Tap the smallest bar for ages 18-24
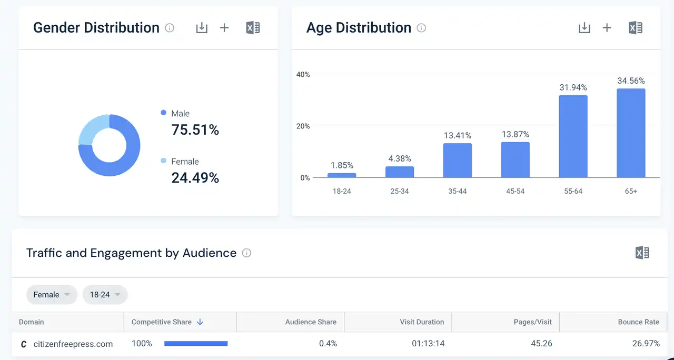(x=342, y=175)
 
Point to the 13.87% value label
(x=515, y=135)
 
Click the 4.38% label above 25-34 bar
(x=400, y=158)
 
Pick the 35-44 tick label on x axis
(x=457, y=191)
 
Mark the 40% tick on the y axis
(x=303, y=75)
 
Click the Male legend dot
(x=163, y=113)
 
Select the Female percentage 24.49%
(x=195, y=178)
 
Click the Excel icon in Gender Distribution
(x=253, y=28)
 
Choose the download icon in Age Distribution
(x=584, y=28)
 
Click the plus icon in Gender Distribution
(x=224, y=28)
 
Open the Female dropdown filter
(x=52, y=295)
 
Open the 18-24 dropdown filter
(x=105, y=295)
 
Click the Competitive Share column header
(x=162, y=322)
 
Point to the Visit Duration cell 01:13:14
(x=428, y=344)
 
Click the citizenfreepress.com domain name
(x=73, y=344)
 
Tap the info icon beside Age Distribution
(x=421, y=28)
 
